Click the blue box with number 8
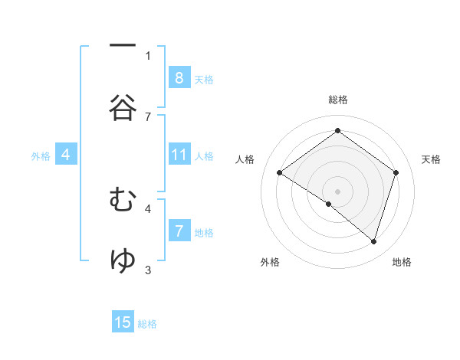pyautogui.click(x=179, y=77)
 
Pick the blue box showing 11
pyautogui.click(x=179, y=155)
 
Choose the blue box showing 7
pyautogui.click(x=179, y=231)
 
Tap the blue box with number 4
pyautogui.click(x=66, y=155)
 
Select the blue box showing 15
pyautogui.click(x=123, y=322)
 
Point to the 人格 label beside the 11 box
pyautogui.click(x=204, y=156)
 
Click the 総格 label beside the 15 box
pyautogui.click(x=147, y=325)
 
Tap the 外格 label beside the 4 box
pyautogui.click(x=41, y=156)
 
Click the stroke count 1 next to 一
pyautogui.click(x=148, y=55)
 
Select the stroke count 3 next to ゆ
pyautogui.click(x=148, y=269)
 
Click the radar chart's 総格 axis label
pyautogui.click(x=337, y=100)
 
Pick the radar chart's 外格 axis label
pyautogui.click(x=270, y=263)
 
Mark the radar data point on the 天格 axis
pyautogui.click(x=396, y=172)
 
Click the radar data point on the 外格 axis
pyautogui.click(x=329, y=204)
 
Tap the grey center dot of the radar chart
pyautogui.click(x=337, y=191)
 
